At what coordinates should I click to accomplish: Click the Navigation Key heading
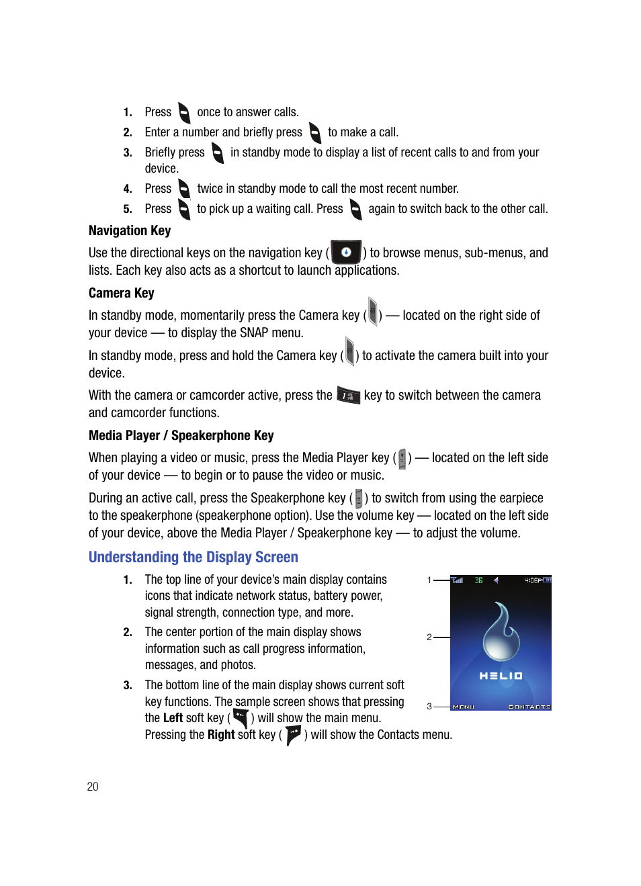pyautogui.click(x=130, y=230)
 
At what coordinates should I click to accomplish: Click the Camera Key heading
pyautogui.click(x=121, y=293)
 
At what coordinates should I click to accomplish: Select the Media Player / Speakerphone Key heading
pyautogui.click(x=181, y=435)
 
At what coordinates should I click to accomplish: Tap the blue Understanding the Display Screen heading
pyautogui.click(x=193, y=557)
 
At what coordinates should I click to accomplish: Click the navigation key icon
pyautogui.click(x=346, y=253)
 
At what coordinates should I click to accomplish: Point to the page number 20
pyautogui.click(x=93, y=787)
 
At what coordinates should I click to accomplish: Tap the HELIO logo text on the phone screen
pyautogui.click(x=501, y=676)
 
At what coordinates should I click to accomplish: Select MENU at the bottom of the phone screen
pyautogui.click(x=464, y=707)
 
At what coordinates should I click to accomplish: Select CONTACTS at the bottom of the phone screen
pyautogui.click(x=529, y=707)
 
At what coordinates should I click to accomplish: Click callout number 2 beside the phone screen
pyautogui.click(x=429, y=637)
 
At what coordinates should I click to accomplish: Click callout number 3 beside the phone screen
pyautogui.click(x=429, y=706)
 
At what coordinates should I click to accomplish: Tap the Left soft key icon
pyautogui.click(x=241, y=718)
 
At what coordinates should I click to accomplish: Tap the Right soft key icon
pyautogui.click(x=293, y=735)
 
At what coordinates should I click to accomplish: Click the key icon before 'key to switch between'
pyautogui.click(x=348, y=396)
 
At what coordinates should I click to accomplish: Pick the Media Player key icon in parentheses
pyautogui.click(x=402, y=458)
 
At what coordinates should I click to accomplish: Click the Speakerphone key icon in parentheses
pyautogui.click(x=359, y=498)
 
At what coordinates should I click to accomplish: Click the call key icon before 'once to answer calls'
pyautogui.click(x=184, y=112)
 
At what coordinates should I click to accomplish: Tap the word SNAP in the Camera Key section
pyautogui.click(x=253, y=333)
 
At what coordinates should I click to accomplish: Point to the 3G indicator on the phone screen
pyautogui.click(x=479, y=580)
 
